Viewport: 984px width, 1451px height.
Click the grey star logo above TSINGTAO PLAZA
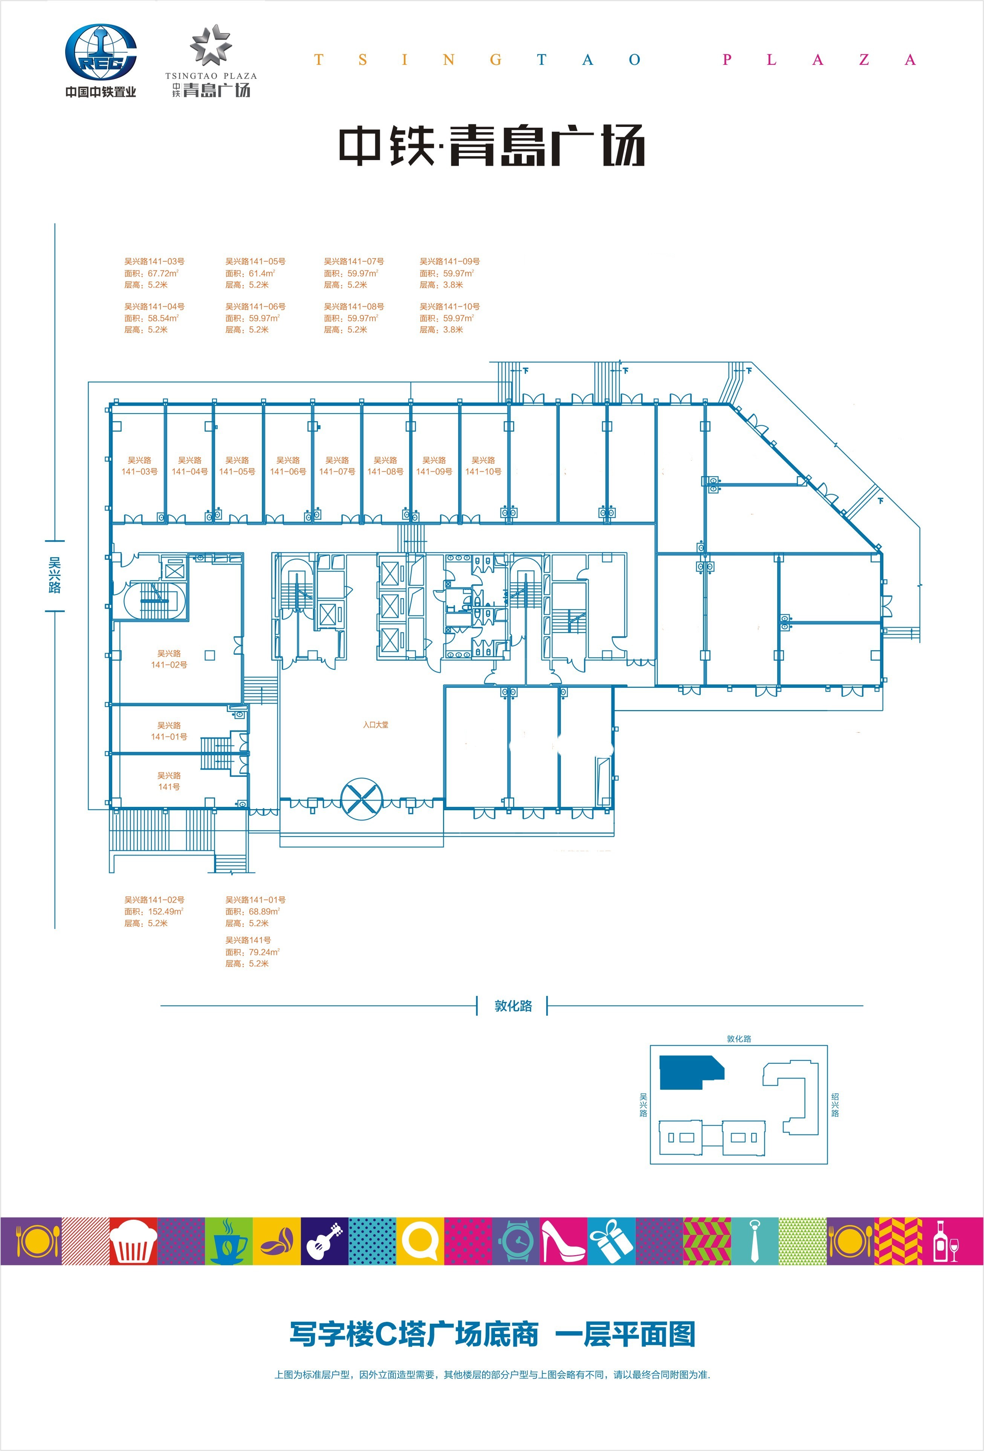pos(211,45)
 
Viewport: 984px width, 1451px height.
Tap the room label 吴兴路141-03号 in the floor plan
pos(139,466)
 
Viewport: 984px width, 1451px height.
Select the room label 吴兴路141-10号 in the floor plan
pos(483,466)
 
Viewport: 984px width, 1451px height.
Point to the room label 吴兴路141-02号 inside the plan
pos(169,659)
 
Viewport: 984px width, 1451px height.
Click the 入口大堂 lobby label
pos(376,725)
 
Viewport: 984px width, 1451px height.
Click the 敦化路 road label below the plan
pos(513,1006)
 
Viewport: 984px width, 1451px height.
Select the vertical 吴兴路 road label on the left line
pos(55,575)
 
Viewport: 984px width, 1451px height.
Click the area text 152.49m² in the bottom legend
pos(165,912)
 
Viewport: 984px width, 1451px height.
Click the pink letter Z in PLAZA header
pos(864,60)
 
